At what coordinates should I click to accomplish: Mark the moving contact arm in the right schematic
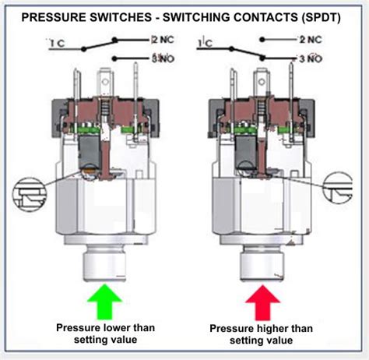pyautogui.click(x=249, y=51)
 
